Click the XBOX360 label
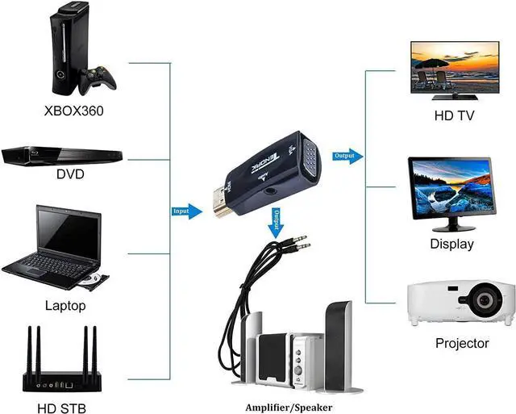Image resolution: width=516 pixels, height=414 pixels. point(73,110)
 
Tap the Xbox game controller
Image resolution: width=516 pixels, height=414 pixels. point(102,78)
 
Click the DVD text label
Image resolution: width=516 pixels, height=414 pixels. point(70,174)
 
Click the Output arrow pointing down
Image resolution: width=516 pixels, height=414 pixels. point(276,219)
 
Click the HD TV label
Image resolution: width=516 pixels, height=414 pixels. point(454,115)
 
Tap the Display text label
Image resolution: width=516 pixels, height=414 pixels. point(451,244)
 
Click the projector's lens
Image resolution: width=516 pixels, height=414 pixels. point(484,302)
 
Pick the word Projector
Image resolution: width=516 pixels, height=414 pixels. point(462,343)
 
